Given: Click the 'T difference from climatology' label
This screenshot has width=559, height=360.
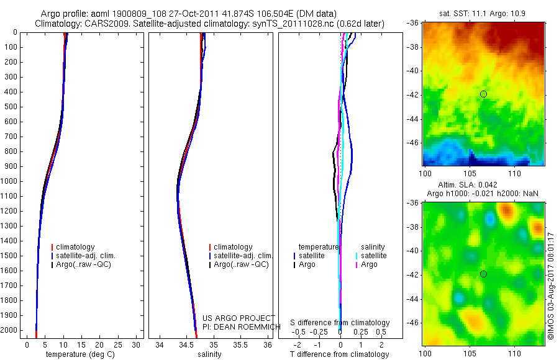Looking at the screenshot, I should pyautogui.click(x=339, y=354).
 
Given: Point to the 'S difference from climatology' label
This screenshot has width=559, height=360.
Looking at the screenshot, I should pyautogui.click(x=340, y=323).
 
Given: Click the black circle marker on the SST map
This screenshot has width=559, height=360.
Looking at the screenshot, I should pyautogui.click(x=483, y=94).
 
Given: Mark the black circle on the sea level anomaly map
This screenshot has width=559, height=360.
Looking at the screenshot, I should pyautogui.click(x=483, y=274).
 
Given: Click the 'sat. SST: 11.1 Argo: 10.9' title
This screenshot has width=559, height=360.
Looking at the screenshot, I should pyautogui.click(x=483, y=13).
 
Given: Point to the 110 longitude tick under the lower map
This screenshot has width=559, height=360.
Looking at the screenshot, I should pyautogui.click(x=514, y=353).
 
